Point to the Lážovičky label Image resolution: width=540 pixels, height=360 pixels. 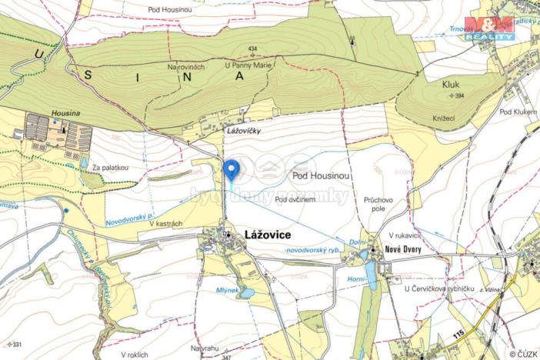point(244,132)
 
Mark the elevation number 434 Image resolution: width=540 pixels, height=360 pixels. point(252,50)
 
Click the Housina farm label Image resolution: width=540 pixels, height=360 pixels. point(65,112)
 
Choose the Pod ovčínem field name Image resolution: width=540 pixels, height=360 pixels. point(296,199)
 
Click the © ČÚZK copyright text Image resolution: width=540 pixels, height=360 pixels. point(523,354)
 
